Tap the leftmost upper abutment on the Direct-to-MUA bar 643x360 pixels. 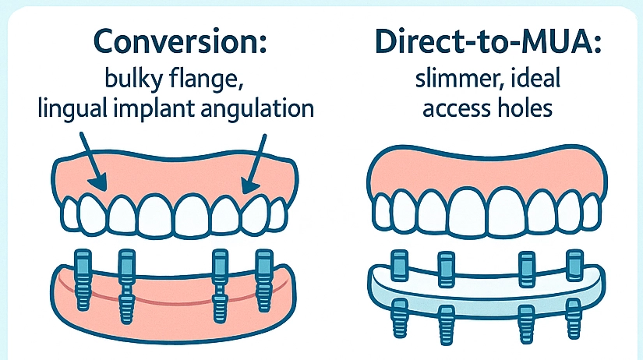coord(400,265)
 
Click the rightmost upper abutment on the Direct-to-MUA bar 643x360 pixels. coord(575,265)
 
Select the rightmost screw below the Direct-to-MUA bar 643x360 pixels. coord(574,315)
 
